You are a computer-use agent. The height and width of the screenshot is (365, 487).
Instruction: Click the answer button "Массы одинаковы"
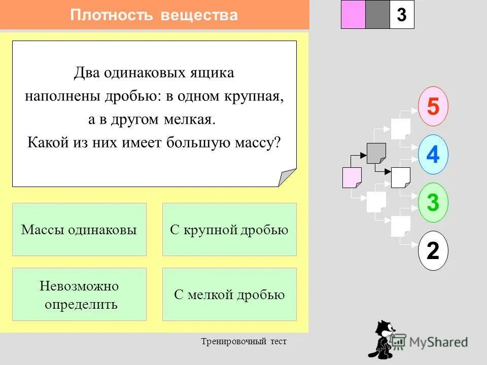tap(79, 230)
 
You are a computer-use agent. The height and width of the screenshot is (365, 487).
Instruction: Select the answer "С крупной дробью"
tap(229, 230)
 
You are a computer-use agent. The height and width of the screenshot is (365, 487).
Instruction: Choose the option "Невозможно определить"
tap(79, 295)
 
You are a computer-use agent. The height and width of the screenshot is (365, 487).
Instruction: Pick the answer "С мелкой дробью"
tap(229, 295)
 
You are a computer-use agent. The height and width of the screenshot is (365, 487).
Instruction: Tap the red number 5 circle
tap(433, 107)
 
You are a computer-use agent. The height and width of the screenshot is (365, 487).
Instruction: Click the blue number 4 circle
tap(433, 154)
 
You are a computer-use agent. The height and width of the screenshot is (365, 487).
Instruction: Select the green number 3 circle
tap(433, 203)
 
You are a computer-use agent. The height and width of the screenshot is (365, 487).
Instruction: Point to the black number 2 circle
tap(433, 250)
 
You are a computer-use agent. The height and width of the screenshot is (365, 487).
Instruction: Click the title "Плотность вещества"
tap(154, 15)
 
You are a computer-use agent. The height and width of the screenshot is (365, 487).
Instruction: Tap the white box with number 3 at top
tap(402, 15)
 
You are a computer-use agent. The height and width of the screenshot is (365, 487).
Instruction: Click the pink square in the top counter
tap(353, 15)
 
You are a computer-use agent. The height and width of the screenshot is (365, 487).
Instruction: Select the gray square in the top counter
tap(377, 15)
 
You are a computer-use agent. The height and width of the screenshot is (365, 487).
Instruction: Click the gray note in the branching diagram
tap(376, 153)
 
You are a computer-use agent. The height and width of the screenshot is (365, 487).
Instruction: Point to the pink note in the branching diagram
tap(352, 177)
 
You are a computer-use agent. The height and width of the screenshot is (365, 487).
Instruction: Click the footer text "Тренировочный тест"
tap(243, 341)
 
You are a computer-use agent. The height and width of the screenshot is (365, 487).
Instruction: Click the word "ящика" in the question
tap(217, 72)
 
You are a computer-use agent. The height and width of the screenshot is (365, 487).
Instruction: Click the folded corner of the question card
tap(287, 177)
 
